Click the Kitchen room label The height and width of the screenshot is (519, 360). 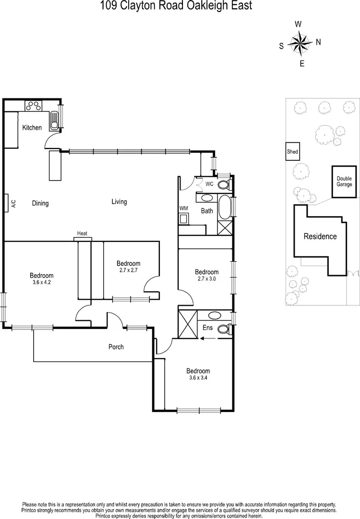[32, 128]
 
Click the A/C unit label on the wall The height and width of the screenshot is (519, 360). [13, 203]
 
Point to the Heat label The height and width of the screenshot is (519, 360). [82, 234]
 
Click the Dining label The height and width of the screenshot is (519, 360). [40, 203]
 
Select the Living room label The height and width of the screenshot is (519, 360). [119, 202]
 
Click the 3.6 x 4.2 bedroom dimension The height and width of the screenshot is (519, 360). [41, 282]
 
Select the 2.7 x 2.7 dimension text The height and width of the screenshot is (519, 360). [128, 270]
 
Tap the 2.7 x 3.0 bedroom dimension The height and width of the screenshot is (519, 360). [206, 278]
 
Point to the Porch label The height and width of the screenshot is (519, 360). [116, 347]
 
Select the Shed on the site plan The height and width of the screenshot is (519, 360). [292, 152]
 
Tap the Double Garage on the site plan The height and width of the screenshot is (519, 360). [344, 181]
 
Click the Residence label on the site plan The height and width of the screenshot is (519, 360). [319, 236]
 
